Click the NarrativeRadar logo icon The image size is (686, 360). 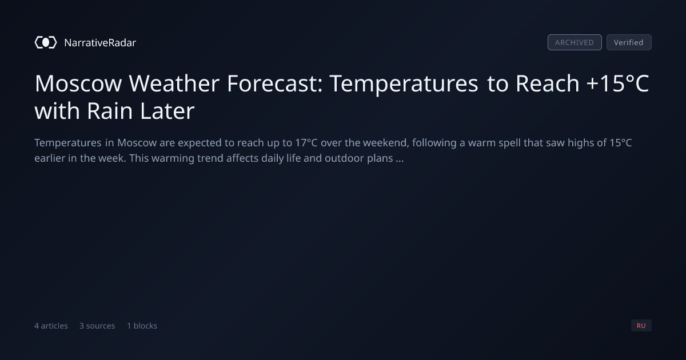pyautogui.click(x=46, y=42)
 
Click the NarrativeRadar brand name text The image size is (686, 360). pyautogui.click(x=100, y=42)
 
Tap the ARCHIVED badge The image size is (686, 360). pyautogui.click(x=575, y=42)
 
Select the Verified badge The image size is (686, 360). pyautogui.click(x=629, y=42)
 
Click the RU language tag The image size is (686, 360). pyautogui.click(x=641, y=325)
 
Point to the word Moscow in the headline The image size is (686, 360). pyautogui.click(x=78, y=83)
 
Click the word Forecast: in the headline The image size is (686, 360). pyautogui.click(x=275, y=83)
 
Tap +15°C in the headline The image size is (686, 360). pyautogui.click(x=617, y=83)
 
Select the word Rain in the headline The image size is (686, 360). pyautogui.click(x=110, y=111)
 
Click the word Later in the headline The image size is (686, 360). pyautogui.click(x=167, y=111)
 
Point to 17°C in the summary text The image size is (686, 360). pyautogui.click(x=306, y=143)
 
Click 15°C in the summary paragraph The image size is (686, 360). pyautogui.click(x=620, y=143)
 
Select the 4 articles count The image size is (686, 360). pyautogui.click(x=51, y=326)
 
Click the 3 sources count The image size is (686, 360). pyautogui.click(x=97, y=326)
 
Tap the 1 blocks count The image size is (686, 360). pyautogui.click(x=142, y=326)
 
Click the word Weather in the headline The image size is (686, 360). pyautogui.click(x=174, y=83)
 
